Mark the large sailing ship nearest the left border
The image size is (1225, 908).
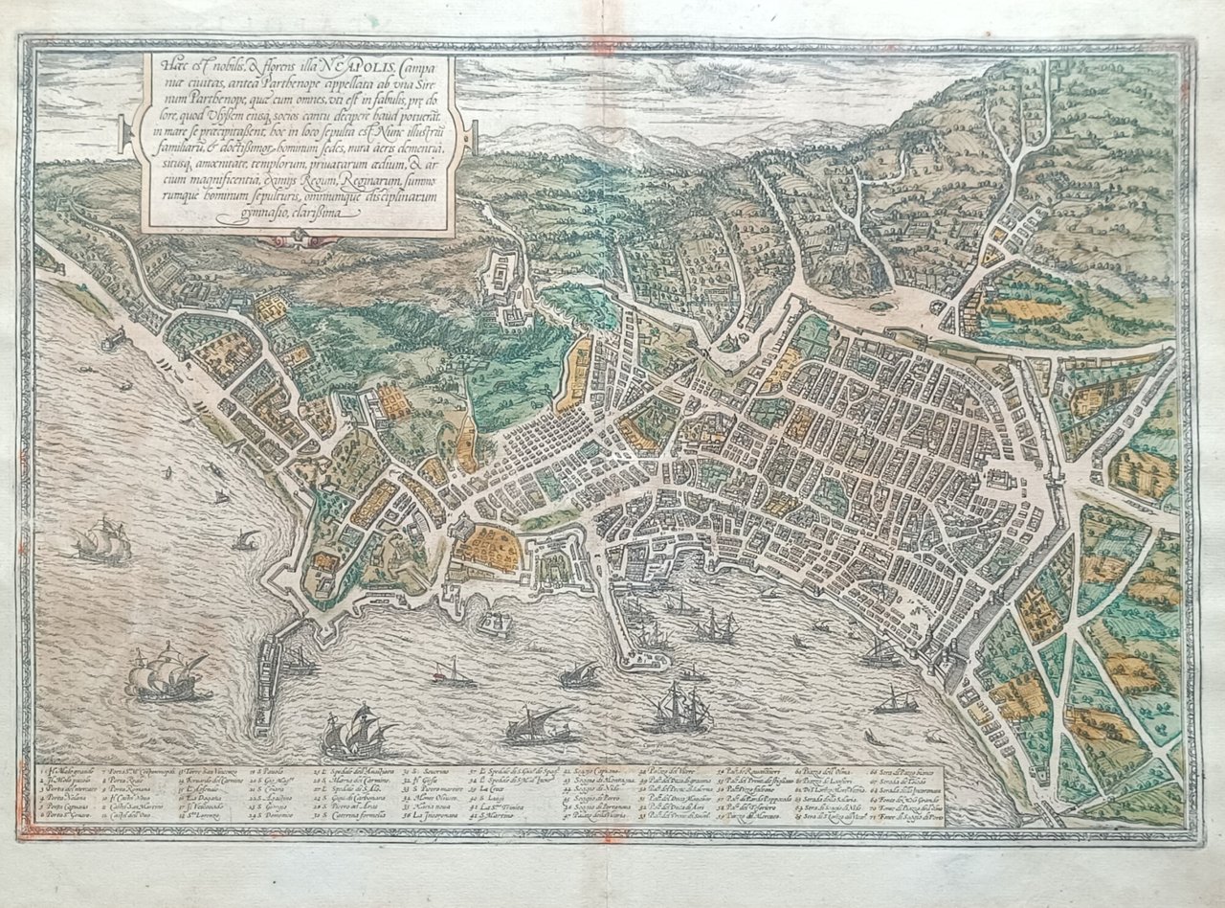pos(102,542)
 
